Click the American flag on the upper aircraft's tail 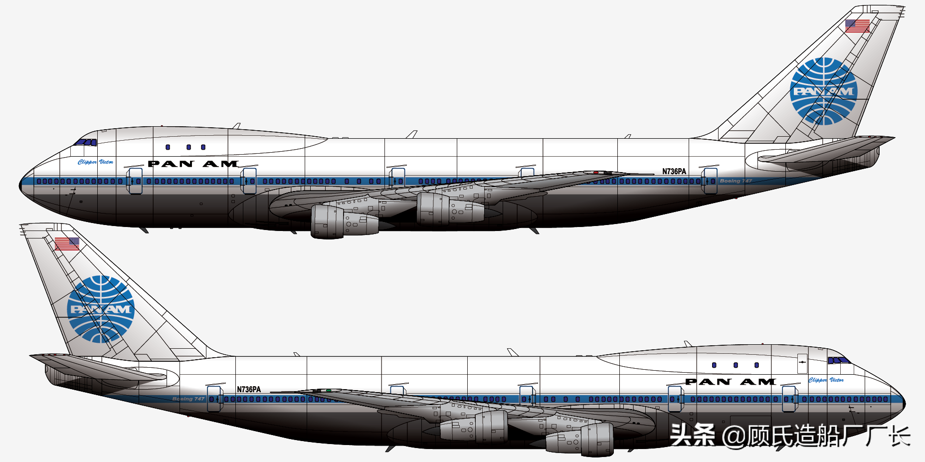tap(857, 25)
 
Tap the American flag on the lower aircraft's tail tap(67, 243)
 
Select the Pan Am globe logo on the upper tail tap(823, 91)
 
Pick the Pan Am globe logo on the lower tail tap(101, 309)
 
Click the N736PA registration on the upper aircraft tap(674, 172)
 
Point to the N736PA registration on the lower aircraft tap(248, 390)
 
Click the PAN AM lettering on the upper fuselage tap(193, 164)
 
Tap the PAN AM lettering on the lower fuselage tap(730, 382)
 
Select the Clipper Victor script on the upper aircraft tap(95, 162)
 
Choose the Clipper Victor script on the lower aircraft tap(826, 380)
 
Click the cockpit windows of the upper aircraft tap(86, 142)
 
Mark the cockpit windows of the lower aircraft tap(838, 360)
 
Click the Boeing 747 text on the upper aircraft tap(736, 181)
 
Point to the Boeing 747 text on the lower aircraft tap(188, 399)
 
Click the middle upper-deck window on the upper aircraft tap(188, 147)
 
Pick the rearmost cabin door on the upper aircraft tap(709, 181)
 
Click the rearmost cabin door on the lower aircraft tap(214, 399)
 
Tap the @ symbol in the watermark tap(733, 436)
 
